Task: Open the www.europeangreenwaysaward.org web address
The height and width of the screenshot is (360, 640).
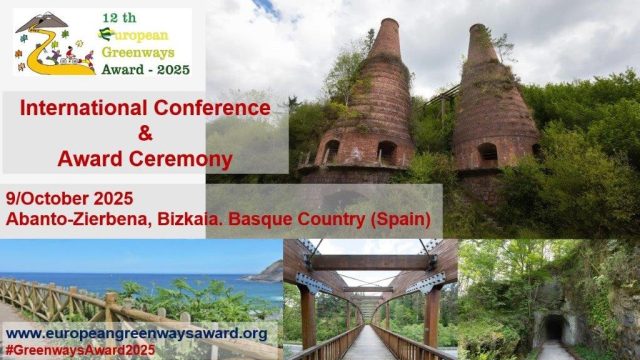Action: tap(136, 333)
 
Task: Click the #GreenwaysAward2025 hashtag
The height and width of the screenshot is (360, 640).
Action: tap(80, 350)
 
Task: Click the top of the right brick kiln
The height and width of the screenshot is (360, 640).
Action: tap(482, 35)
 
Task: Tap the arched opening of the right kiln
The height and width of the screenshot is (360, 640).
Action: tap(489, 152)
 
